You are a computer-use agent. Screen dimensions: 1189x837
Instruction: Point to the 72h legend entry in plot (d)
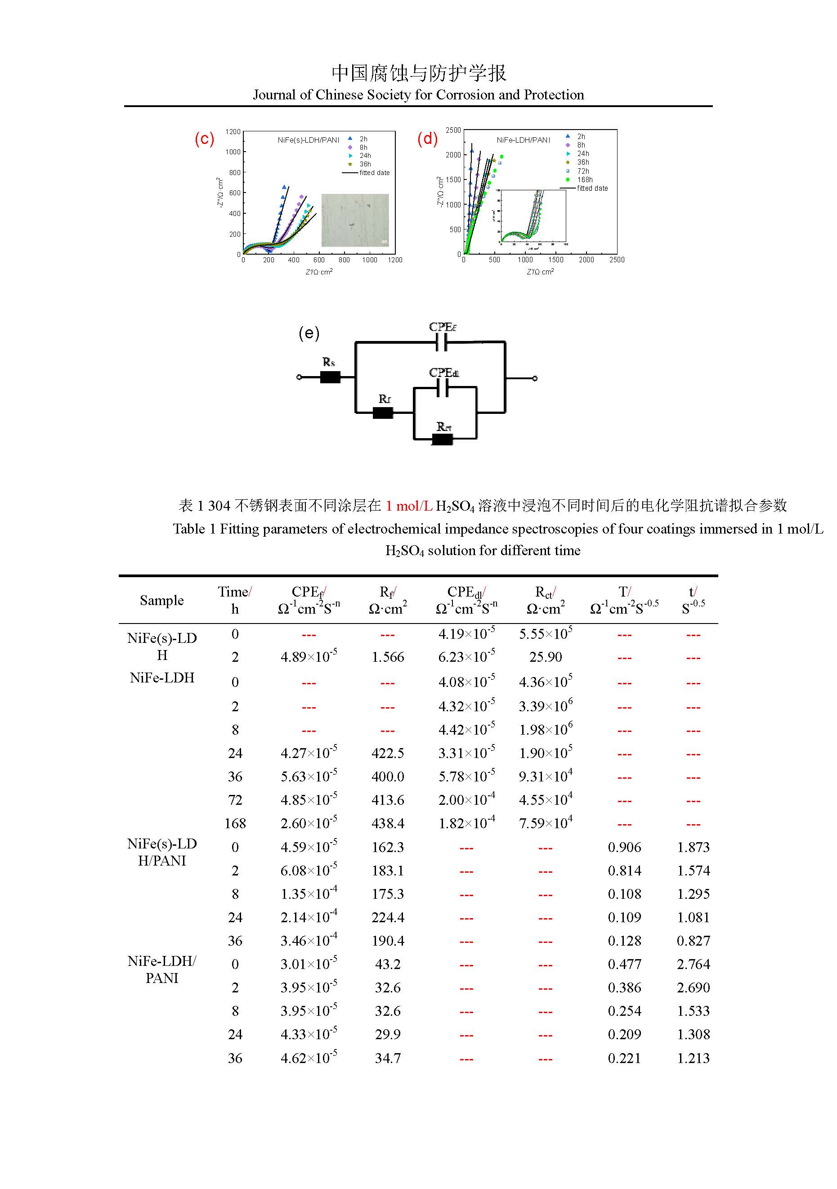(583, 171)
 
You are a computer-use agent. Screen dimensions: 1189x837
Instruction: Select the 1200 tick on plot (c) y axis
(233, 131)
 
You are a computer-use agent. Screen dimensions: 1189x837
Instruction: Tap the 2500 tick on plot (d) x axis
(617, 260)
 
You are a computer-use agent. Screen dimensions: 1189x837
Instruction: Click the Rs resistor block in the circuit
(330, 377)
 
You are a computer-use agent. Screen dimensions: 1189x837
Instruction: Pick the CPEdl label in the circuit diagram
(443, 373)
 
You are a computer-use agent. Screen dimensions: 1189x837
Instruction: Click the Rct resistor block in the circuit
(442, 439)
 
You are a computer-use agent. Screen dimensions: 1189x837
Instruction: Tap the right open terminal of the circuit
(535, 378)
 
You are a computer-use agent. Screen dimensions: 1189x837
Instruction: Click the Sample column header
(161, 600)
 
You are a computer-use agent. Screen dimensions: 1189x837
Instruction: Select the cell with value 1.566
(388, 657)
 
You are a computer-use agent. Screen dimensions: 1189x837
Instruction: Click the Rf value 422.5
(388, 753)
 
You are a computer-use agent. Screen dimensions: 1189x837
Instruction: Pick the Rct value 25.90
(546, 657)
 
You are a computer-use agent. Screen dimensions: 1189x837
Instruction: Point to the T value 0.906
(624, 847)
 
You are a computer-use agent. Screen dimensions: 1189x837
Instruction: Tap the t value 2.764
(693, 964)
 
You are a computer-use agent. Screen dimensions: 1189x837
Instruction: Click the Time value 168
(235, 823)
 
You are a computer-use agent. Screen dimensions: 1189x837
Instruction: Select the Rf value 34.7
(388, 1058)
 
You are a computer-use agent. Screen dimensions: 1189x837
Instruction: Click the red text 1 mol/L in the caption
(409, 506)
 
